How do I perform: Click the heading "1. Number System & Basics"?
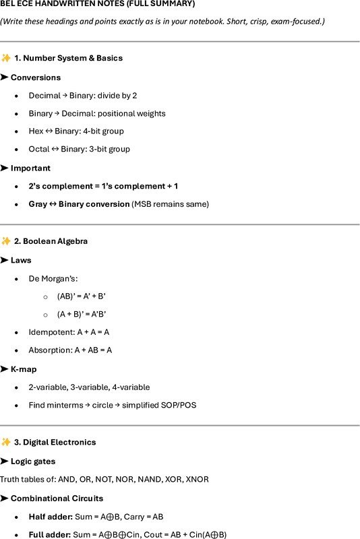click(68, 58)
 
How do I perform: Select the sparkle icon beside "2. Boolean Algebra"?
click(5, 241)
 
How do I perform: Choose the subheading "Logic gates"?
click(33, 461)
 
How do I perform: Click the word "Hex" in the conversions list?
click(36, 131)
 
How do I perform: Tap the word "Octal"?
click(38, 149)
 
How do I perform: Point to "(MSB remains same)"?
click(171, 203)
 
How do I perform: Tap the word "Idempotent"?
click(50, 331)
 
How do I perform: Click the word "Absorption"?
click(49, 350)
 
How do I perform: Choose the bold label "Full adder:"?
click(49, 534)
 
